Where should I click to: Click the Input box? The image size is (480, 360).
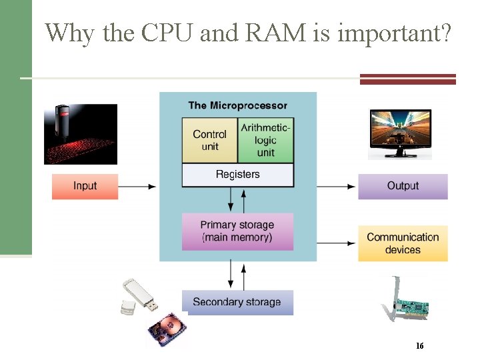click(x=85, y=186)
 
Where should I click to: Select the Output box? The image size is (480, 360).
click(x=403, y=186)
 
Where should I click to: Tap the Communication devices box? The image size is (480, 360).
click(x=403, y=243)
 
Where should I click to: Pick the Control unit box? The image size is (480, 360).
click(x=209, y=140)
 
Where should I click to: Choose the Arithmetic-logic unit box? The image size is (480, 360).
click(x=265, y=140)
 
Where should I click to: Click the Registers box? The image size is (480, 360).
click(x=237, y=175)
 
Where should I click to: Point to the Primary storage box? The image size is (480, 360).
click(x=237, y=231)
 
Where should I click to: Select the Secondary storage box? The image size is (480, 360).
click(x=237, y=302)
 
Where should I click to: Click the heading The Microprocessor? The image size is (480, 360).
click(x=237, y=105)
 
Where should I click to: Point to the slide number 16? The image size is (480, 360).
click(x=419, y=346)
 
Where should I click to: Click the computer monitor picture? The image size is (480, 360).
click(x=400, y=133)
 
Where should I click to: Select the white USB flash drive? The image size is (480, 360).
click(x=139, y=295)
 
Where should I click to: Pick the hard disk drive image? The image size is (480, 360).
click(x=167, y=331)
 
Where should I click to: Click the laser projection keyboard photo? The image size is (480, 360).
click(x=81, y=133)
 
